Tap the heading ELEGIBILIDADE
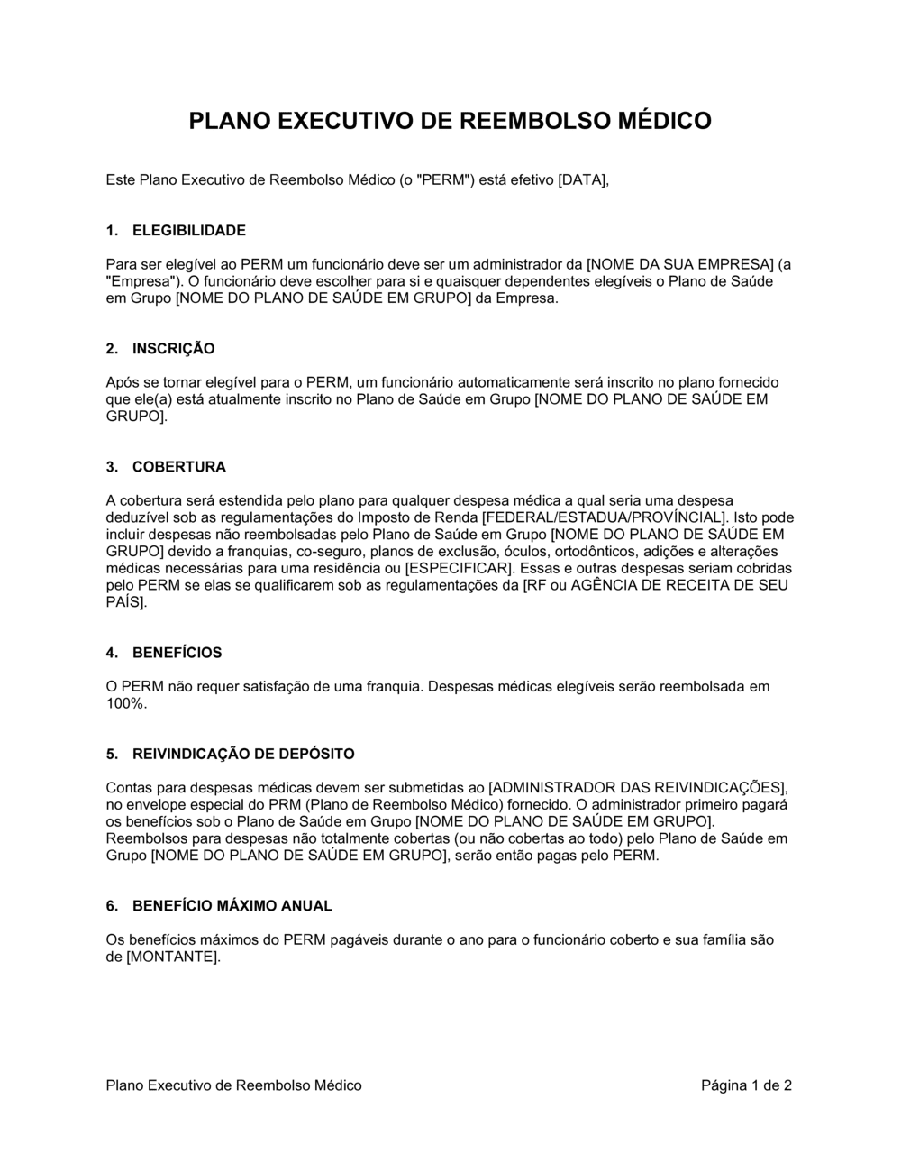[x=188, y=231]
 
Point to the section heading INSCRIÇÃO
[x=173, y=349]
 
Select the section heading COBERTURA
[x=178, y=467]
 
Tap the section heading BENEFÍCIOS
[x=177, y=653]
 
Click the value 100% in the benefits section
[x=125, y=704]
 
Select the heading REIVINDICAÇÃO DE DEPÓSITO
[x=243, y=755]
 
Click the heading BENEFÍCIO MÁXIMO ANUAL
[x=232, y=906]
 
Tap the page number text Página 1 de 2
[x=746, y=1085]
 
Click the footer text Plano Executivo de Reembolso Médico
[x=233, y=1085]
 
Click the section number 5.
[x=112, y=755]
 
